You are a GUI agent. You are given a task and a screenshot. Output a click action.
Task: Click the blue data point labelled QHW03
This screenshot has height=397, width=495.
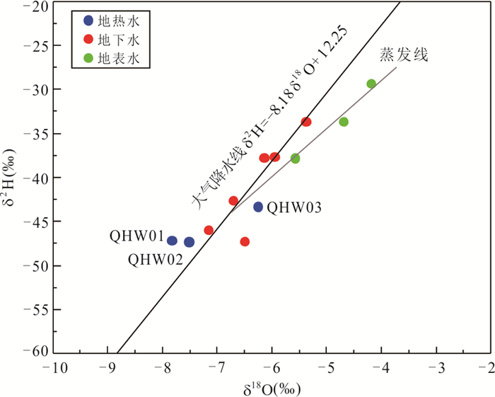258,207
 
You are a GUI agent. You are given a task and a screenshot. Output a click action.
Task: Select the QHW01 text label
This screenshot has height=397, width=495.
137,236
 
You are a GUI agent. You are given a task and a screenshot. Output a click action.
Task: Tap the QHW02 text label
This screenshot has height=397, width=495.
156,259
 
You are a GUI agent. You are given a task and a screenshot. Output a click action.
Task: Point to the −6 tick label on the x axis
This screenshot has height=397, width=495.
272,369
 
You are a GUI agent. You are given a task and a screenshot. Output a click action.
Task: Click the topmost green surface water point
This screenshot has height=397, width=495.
371,84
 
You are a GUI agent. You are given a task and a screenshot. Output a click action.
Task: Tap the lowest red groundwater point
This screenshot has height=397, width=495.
245,241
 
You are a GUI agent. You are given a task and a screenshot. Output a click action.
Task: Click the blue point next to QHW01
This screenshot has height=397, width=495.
172,241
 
